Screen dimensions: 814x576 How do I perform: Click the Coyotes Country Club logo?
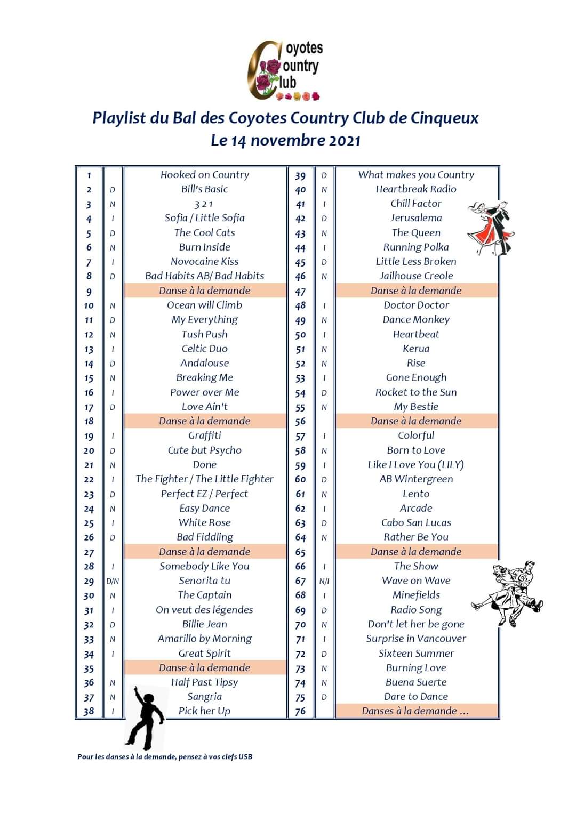284,70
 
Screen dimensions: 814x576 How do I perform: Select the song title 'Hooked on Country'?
205,175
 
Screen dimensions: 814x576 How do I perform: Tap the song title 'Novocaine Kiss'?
205,262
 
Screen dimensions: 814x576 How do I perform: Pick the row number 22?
89,480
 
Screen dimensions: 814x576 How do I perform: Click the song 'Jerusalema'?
416,218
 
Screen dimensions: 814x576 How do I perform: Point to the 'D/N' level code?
113,582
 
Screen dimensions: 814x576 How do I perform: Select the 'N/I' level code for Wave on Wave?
324,582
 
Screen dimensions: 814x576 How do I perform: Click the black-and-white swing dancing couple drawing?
508,592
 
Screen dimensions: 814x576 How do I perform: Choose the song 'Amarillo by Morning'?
205,639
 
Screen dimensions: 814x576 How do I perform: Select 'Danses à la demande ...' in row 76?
415,711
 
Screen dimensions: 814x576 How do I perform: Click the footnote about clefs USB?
165,756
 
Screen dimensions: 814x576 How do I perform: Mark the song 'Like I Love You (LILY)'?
416,465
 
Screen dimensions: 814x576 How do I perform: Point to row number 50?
300,335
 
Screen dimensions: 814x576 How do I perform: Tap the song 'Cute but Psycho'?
205,450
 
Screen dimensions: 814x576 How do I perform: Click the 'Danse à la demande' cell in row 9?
205,291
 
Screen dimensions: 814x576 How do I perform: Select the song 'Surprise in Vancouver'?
416,639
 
